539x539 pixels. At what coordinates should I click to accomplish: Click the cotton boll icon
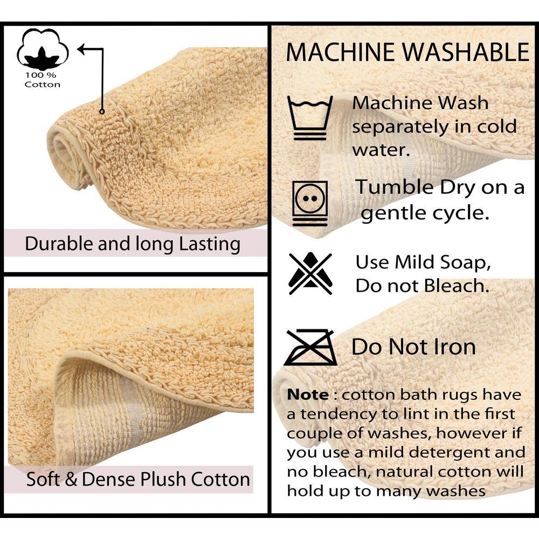point(43,50)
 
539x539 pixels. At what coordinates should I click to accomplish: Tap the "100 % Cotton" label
point(42,80)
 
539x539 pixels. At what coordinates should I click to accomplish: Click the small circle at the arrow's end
point(102,112)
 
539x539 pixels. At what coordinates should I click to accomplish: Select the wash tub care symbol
point(310,118)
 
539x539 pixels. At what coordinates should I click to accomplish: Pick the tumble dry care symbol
point(310,204)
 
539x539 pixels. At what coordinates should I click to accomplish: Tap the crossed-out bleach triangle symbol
point(310,274)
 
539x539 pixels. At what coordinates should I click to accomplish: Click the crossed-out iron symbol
point(310,347)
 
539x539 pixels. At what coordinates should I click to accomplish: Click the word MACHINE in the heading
point(341,52)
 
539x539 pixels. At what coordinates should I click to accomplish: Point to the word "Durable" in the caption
point(59,244)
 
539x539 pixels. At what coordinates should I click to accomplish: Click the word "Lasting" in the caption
point(210,244)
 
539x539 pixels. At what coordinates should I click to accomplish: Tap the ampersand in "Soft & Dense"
point(71,480)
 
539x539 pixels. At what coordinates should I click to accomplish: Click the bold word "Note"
point(308,395)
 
